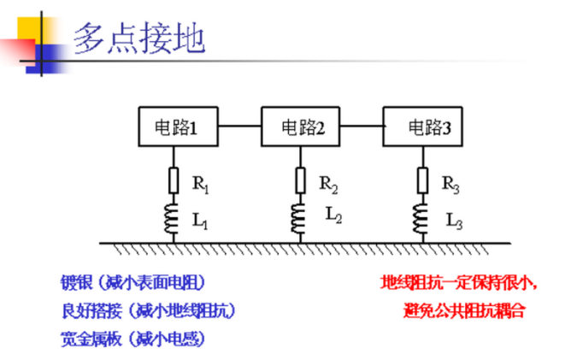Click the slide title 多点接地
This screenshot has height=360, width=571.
click(x=139, y=38)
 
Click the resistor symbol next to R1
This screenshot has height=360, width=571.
click(x=174, y=180)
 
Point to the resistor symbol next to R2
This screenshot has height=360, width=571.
click(x=300, y=180)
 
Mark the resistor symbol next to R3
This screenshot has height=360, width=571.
click(x=422, y=180)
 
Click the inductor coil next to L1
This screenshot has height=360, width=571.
click(x=172, y=219)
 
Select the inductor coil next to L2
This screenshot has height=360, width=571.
click(x=297, y=219)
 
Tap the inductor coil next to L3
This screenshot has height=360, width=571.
click(x=421, y=219)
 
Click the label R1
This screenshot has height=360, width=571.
click(x=201, y=185)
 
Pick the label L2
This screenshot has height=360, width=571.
click(x=333, y=215)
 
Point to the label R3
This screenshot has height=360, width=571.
click(x=450, y=185)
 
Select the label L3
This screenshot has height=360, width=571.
click(x=454, y=221)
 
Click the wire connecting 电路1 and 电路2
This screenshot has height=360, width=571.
click(x=239, y=126)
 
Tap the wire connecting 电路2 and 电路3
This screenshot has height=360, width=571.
click(x=362, y=126)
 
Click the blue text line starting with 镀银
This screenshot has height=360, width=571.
click(x=132, y=282)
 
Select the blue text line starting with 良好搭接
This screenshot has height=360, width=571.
click(x=149, y=310)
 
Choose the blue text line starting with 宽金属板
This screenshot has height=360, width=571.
click(x=132, y=339)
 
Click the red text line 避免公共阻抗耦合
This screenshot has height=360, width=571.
click(x=464, y=310)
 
